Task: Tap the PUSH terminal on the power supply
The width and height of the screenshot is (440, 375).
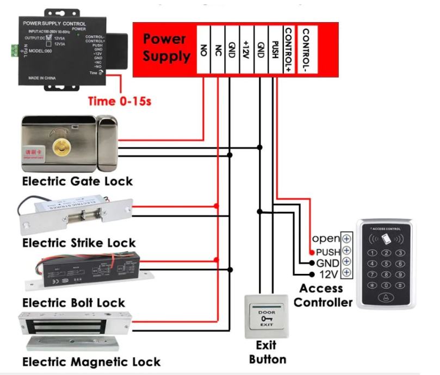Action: click(x=275, y=49)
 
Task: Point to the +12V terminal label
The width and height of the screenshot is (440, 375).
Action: click(x=246, y=49)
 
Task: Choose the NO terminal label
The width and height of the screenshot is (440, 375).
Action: click(x=203, y=49)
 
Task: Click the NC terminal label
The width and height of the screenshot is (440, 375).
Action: click(x=218, y=49)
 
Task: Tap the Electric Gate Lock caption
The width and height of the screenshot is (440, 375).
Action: click(x=77, y=181)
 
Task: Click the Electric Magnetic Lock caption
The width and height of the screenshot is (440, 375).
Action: click(x=91, y=361)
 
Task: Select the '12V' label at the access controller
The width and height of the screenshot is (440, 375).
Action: click(x=328, y=273)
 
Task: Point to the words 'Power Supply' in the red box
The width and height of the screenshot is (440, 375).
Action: click(x=166, y=48)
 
